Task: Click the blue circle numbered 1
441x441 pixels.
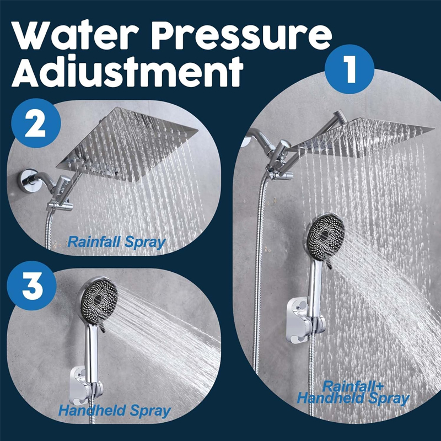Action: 349,69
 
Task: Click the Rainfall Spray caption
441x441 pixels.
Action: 115,241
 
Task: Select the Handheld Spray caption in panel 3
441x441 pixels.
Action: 115,410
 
